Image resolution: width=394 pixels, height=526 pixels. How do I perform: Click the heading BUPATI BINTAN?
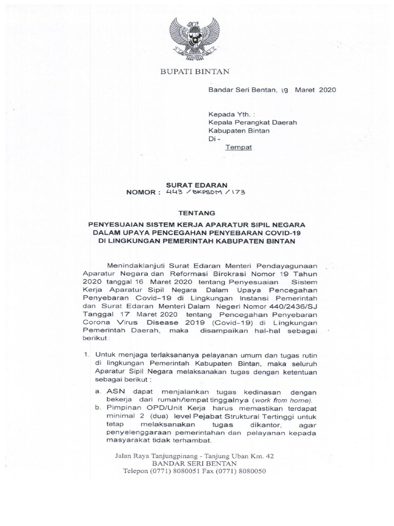[x=197, y=71]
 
